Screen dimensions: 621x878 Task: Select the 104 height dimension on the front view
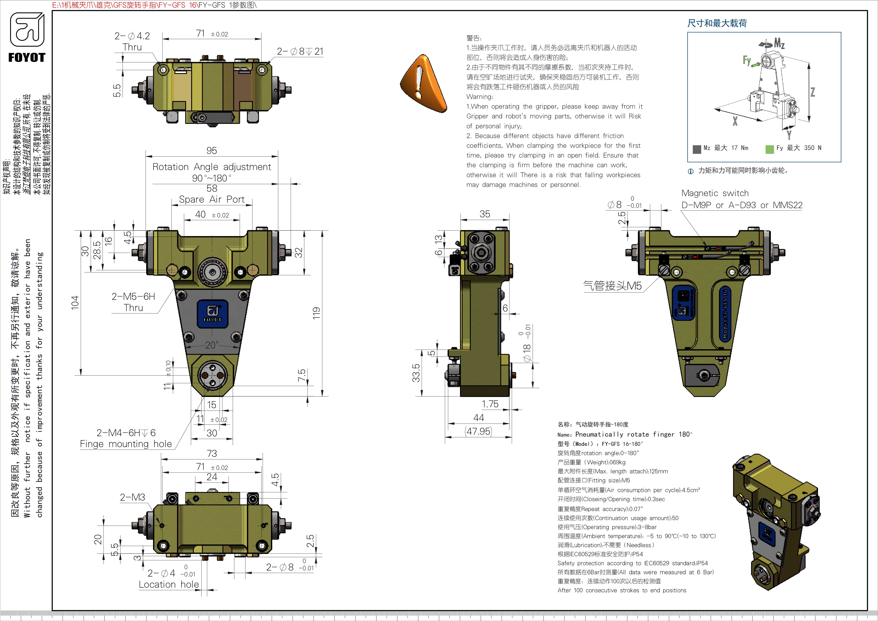75,302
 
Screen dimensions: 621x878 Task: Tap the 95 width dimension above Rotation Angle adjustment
211,151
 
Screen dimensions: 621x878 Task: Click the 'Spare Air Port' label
211,200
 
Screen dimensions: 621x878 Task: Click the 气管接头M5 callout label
612,286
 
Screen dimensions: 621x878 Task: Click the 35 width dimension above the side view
485,214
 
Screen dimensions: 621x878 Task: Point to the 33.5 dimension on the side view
416,373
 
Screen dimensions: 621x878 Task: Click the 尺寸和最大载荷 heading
717,23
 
